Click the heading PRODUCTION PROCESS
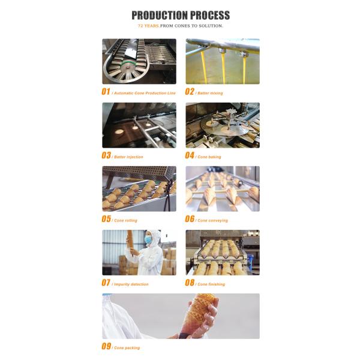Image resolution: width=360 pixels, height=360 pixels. pos(181,16)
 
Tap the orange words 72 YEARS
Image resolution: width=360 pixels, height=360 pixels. pos(148,26)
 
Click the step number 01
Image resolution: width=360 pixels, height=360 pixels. pos(106,92)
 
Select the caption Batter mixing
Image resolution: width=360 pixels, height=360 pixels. pos(210,93)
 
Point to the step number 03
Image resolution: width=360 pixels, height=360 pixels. pos(106,155)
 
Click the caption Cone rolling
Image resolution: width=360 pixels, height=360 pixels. pos(125,220)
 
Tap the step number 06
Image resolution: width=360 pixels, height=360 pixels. pos(190,219)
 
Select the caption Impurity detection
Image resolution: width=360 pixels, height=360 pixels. pos(131,284)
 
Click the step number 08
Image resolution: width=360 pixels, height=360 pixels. pos(190,283)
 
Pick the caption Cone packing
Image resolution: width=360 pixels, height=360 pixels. pos(127,348)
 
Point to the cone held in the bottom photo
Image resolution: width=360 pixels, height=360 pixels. pos(198,314)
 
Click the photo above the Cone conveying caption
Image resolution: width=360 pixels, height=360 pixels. pos(223,189)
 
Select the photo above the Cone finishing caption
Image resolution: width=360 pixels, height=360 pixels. pos(223,253)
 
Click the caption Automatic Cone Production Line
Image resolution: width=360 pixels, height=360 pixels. pos(145,93)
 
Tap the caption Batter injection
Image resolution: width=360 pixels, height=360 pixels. pos(128,157)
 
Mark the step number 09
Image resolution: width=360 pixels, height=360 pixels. pos(106,346)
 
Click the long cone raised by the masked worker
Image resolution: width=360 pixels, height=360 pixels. pos(130,241)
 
